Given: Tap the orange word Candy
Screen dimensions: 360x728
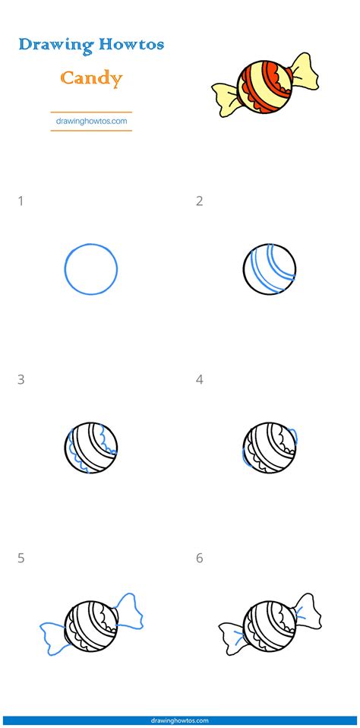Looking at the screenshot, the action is click(91, 78).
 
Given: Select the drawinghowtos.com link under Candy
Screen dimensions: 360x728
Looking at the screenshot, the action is click(91, 121).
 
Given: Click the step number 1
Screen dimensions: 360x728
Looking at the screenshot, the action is click(21, 201).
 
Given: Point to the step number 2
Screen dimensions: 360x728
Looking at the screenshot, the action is click(200, 201).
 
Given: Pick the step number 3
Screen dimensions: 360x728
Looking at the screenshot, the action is click(21, 379).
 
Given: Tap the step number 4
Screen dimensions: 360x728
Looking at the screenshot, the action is click(200, 379).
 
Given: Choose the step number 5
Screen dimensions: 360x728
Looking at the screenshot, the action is click(21, 558).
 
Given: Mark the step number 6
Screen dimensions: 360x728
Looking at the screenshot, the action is click(200, 558).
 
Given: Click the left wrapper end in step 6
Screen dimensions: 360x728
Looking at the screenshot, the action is click(232, 638).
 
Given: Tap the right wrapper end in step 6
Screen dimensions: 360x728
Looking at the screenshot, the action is click(307, 610).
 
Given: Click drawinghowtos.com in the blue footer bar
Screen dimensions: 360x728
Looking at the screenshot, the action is click(180, 720).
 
